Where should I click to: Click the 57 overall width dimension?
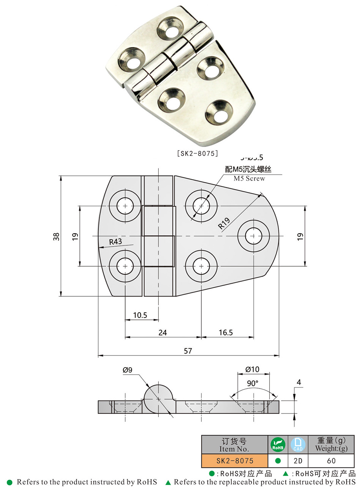pyautogui.click(x=188, y=351)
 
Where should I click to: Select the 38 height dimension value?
pyautogui.click(x=57, y=236)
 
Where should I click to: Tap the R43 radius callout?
pyautogui.click(x=115, y=242)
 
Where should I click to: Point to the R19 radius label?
pyautogui.click(x=224, y=223)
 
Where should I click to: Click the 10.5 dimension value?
pyautogui.click(x=140, y=315)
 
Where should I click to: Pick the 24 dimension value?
pyautogui.click(x=163, y=332)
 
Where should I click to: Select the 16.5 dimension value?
pyautogui.click(x=226, y=332)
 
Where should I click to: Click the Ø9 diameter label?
pyautogui.click(x=128, y=370)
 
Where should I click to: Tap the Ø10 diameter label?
pyautogui.click(x=252, y=369)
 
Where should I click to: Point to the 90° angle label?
pyautogui.click(x=253, y=383)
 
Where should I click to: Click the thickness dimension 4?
pyautogui.click(x=299, y=382)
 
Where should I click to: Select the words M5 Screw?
pyautogui.click(x=249, y=179)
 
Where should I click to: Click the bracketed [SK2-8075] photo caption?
pyautogui.click(x=197, y=153)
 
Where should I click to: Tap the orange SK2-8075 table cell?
pyautogui.click(x=235, y=461)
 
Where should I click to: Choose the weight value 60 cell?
pyautogui.click(x=331, y=461)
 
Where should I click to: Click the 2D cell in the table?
pyautogui.click(x=298, y=461)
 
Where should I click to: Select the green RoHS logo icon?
pyautogui.click(x=278, y=445)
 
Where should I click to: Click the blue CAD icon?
pyautogui.click(x=298, y=445)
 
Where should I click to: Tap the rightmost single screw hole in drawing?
pyautogui.click(x=254, y=236)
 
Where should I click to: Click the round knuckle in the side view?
pyautogui.click(x=159, y=398)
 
